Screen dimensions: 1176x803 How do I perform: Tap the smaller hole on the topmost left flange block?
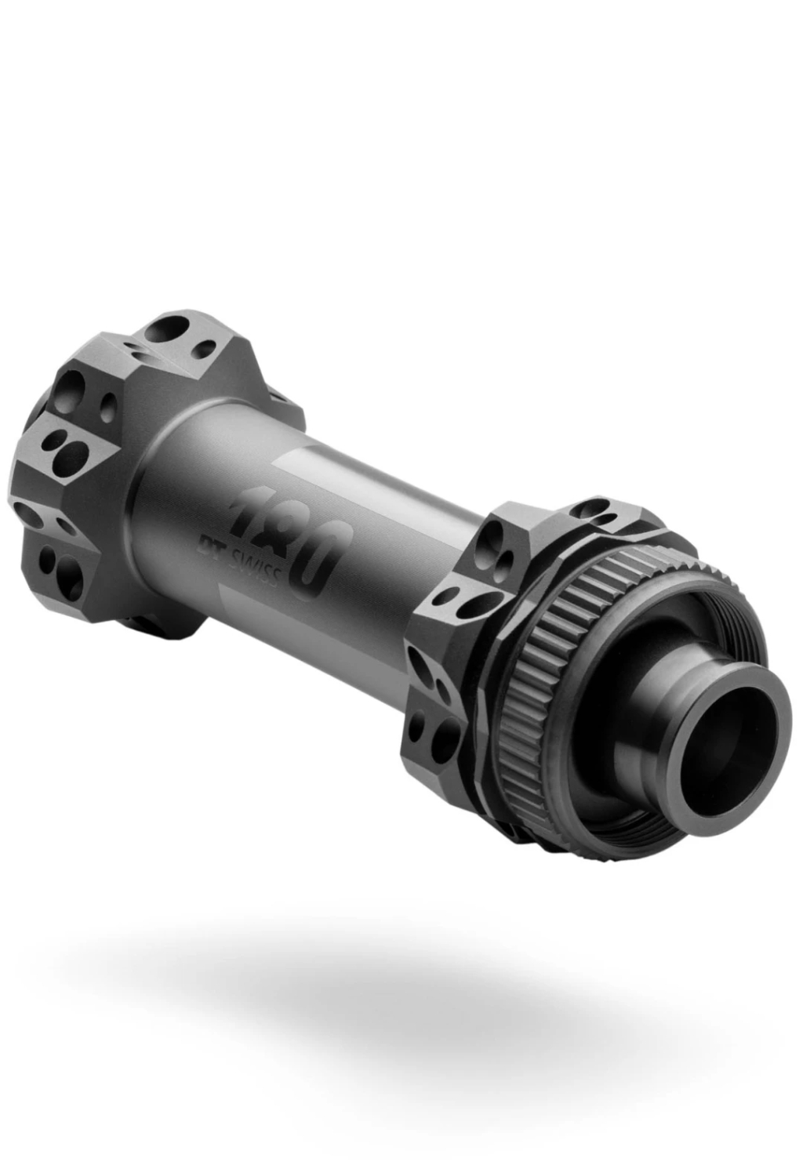(x=205, y=348)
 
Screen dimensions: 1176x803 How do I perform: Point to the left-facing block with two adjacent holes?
(x=67, y=447)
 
